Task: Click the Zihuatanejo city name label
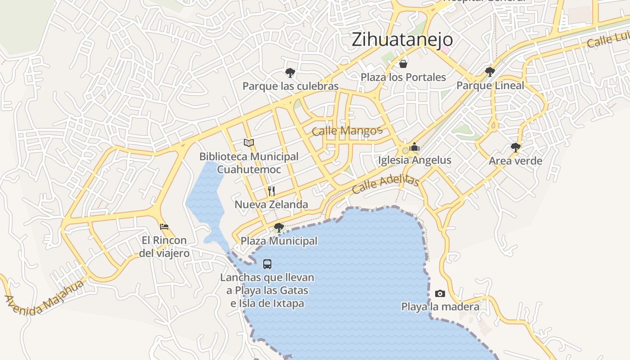coord(402,40)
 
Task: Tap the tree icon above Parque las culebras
coord(290,72)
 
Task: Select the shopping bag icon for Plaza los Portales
coord(403,63)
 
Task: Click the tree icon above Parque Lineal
coord(490,72)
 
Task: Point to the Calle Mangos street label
coord(347,131)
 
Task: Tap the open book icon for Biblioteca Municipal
coord(249,143)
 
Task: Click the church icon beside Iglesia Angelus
coord(414,147)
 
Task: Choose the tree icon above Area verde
coord(516,147)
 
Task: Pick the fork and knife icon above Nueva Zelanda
coord(271,191)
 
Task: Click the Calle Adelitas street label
coord(386,184)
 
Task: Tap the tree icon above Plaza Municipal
coord(279,227)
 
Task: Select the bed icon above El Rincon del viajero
coord(164,226)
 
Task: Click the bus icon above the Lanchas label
coord(267,264)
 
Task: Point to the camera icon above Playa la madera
coord(440,294)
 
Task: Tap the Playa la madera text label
coord(440,307)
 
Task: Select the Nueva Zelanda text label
coord(271,205)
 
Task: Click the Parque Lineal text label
coord(490,85)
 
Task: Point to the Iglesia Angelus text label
coord(414,160)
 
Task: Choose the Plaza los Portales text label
coord(403,77)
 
